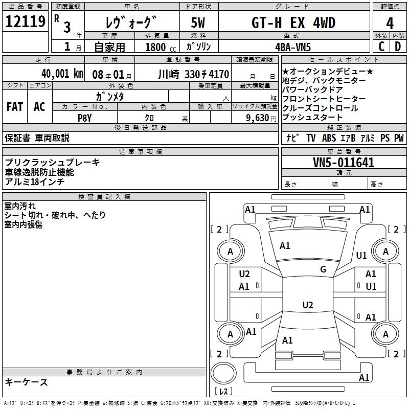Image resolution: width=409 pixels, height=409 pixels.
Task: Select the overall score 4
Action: click(390, 23)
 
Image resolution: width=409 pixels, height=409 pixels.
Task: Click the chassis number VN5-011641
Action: click(344, 163)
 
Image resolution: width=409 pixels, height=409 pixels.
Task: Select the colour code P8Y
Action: click(84, 117)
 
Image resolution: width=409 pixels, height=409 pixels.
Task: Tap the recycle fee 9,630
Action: click(254, 118)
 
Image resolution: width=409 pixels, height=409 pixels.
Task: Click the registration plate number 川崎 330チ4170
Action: click(193, 74)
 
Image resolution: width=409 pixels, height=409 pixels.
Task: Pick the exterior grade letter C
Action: click(381, 47)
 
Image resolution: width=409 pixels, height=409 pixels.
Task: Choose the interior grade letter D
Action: click(398, 47)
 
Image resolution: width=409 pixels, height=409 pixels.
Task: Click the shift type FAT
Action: click(15, 107)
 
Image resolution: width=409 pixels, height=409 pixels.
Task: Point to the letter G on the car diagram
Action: click(323, 269)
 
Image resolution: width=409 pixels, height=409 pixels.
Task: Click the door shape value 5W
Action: click(198, 23)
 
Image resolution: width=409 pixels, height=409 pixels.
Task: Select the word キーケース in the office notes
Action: click(27, 382)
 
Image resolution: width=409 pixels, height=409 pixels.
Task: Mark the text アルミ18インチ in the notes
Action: click(35, 181)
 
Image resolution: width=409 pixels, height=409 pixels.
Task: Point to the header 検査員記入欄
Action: click(105, 197)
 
